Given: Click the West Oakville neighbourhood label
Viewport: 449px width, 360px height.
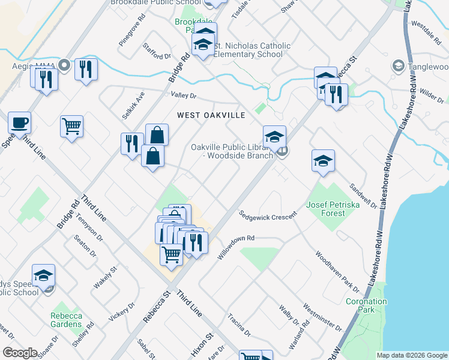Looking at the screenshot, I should [x=211, y=115].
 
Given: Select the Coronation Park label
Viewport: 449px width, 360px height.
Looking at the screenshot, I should [x=364, y=305].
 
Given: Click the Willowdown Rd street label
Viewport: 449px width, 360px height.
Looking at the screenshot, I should [x=236, y=247].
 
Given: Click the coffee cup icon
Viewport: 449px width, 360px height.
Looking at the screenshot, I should [x=19, y=122].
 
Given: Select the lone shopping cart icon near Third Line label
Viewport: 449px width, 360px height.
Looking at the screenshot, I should [x=71, y=127].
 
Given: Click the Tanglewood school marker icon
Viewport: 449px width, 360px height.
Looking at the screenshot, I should [x=397, y=65].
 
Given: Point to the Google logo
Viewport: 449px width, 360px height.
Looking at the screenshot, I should [x=20, y=353].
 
